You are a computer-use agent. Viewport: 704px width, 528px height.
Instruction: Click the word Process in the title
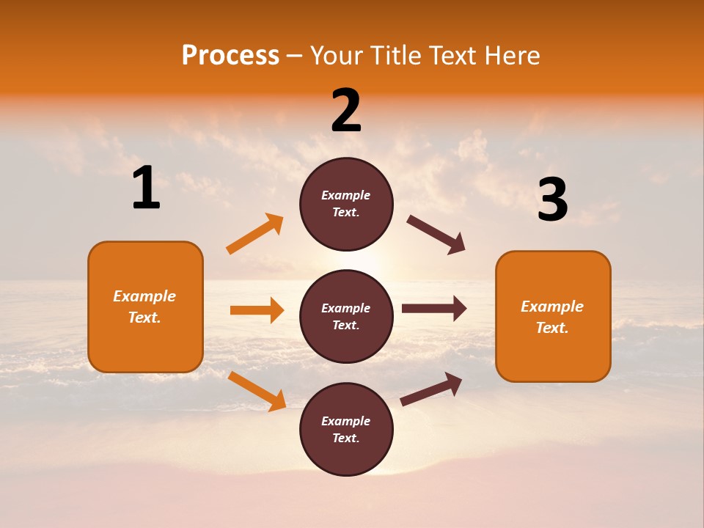pos(230,55)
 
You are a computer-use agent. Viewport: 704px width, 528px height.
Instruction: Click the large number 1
pos(146,188)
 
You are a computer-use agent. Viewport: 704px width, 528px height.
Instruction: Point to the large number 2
pos(346,111)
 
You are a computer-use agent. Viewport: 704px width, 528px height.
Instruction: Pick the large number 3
pos(552,200)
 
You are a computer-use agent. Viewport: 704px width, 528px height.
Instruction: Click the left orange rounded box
pos(145,307)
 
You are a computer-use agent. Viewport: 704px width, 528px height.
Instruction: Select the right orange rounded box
pos(553,317)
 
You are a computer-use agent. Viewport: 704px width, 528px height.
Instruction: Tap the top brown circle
pos(346,204)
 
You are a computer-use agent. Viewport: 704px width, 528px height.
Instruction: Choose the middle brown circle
pos(346,317)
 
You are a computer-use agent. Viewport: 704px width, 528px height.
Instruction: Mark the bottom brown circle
pos(346,430)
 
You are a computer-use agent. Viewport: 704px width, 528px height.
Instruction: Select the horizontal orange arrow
pos(257,310)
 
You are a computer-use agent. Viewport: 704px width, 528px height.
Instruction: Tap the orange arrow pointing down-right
pos(257,392)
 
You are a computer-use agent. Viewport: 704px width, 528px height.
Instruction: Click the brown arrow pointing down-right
pos(436,235)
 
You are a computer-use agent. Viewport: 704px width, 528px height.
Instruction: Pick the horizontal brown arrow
pos(434,309)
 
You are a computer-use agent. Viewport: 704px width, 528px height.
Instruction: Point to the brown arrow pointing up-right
pos(432,389)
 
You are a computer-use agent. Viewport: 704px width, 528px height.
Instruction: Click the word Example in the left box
pos(144,296)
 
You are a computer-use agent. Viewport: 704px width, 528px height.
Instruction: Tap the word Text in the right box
pos(551,328)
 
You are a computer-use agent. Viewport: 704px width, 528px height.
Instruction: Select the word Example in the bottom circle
pos(345,421)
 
